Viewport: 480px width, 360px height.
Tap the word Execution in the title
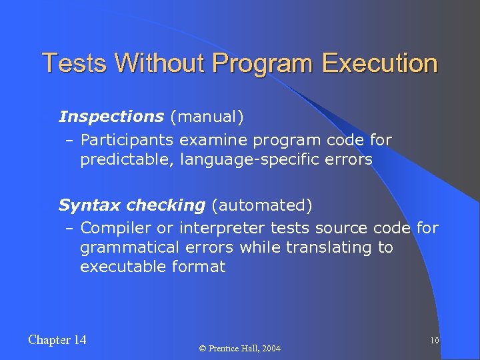(x=379, y=63)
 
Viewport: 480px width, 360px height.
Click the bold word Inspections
(x=111, y=117)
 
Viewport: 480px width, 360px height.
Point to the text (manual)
(x=207, y=117)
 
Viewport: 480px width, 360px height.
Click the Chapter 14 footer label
(x=57, y=340)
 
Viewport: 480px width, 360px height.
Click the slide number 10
(x=434, y=341)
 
